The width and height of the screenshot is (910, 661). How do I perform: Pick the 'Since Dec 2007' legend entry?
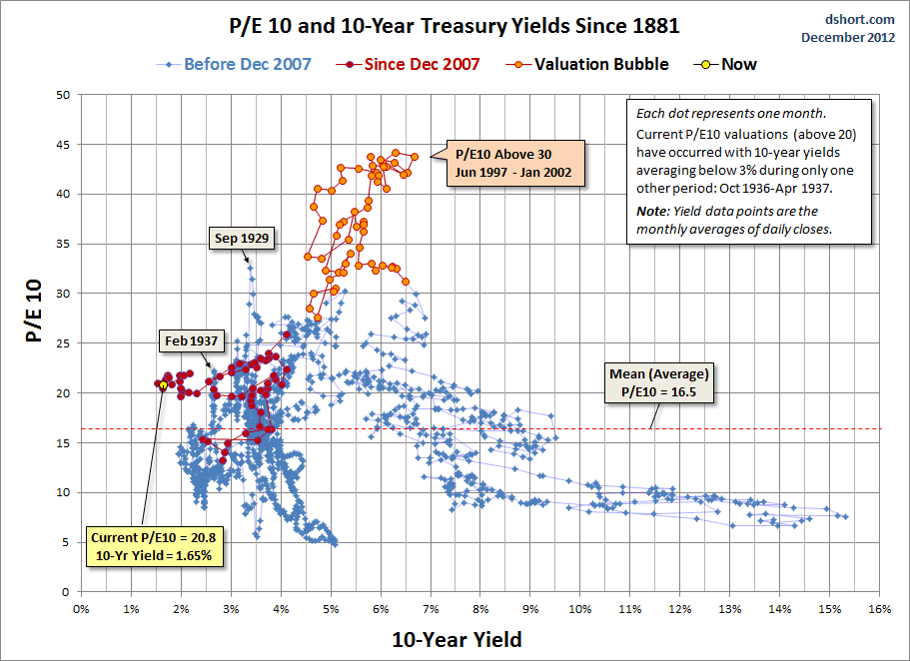pos(421,65)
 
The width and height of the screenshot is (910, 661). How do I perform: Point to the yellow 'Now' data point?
pos(164,384)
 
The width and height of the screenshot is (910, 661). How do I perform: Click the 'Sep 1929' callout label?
pos(243,239)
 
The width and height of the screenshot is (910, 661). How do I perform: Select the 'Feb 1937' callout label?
pos(192,340)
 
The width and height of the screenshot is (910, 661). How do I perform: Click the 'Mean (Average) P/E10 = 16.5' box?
pos(658,383)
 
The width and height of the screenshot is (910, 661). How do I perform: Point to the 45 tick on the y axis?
pos(63,144)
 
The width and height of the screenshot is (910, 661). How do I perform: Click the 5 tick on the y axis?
pos(66,542)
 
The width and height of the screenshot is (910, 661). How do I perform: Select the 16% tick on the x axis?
pos(879,607)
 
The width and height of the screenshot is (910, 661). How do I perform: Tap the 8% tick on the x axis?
pos(480,607)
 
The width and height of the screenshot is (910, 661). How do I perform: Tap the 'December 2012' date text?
pos(849,37)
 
